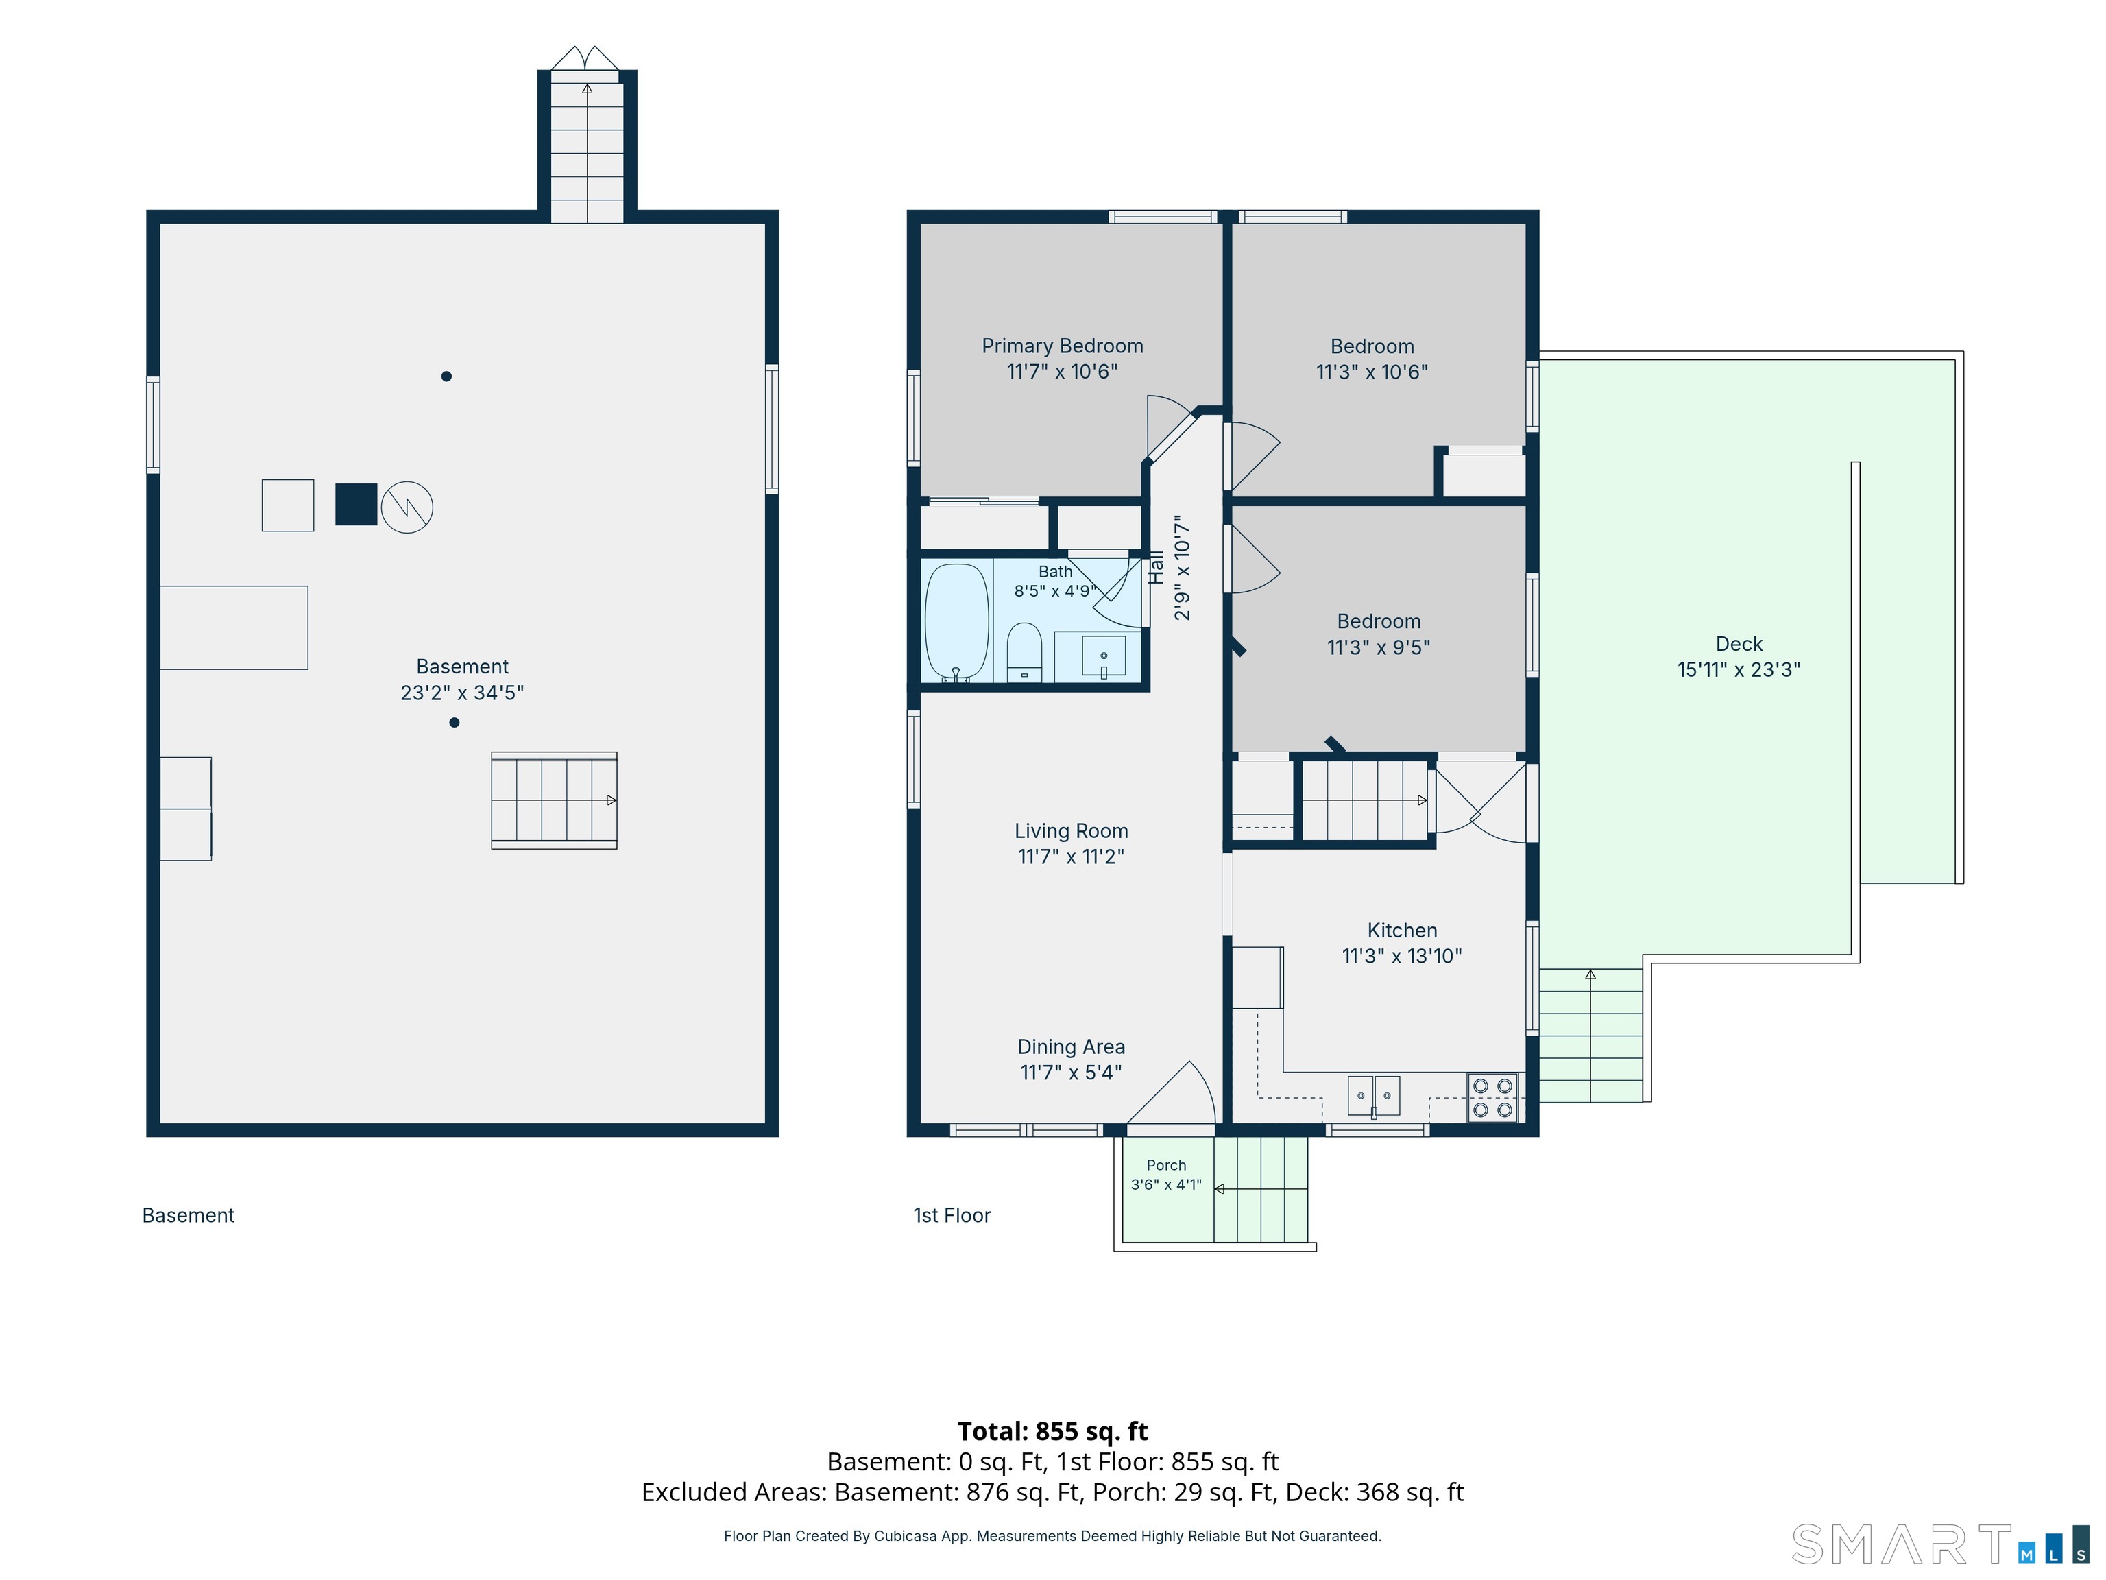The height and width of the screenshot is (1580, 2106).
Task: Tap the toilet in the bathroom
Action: click(x=1024, y=652)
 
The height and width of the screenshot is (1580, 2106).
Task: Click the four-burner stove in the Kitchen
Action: click(x=1492, y=1097)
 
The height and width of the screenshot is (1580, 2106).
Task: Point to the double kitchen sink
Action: click(x=1374, y=1095)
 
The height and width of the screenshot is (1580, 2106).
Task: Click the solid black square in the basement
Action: click(x=356, y=505)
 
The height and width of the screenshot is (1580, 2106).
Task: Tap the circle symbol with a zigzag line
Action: click(x=407, y=507)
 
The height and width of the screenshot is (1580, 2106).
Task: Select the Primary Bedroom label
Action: click(x=1063, y=346)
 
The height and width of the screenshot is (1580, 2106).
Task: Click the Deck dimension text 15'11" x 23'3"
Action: click(x=1739, y=669)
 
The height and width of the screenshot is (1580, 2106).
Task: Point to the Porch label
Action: click(x=1166, y=1164)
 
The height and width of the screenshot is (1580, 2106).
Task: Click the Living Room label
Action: click(x=1071, y=830)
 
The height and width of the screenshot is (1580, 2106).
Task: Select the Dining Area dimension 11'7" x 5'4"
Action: click(x=1071, y=1073)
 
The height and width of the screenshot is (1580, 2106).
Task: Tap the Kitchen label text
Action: click(x=1403, y=931)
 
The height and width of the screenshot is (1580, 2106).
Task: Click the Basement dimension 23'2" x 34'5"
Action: click(x=462, y=693)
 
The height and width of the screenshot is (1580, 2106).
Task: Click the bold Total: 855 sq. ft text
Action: click(x=1053, y=1431)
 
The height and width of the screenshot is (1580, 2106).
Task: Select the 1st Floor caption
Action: click(x=952, y=1215)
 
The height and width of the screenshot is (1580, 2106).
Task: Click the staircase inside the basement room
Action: click(x=554, y=800)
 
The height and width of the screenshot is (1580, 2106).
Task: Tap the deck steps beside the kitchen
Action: click(x=1591, y=1036)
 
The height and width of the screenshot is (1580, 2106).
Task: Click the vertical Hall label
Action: click(x=1157, y=568)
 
